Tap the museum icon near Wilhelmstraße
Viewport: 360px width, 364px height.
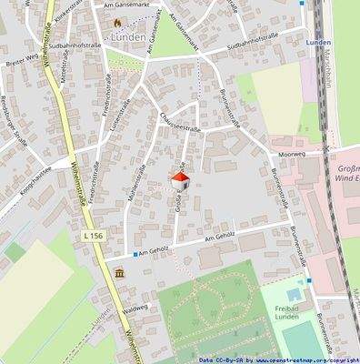(120, 274)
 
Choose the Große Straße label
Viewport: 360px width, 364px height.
(179, 195)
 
